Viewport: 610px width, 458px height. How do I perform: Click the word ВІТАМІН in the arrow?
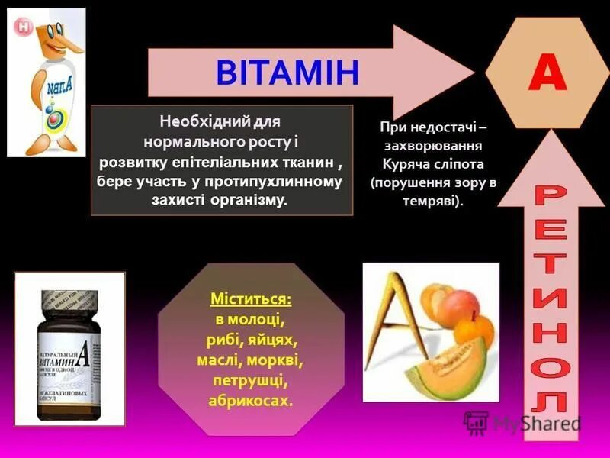tap(287, 73)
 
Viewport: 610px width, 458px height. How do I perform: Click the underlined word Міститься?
tap(251, 298)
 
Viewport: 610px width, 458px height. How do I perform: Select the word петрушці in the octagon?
tap(251, 379)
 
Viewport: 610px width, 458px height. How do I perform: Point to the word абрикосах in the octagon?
tap(250, 400)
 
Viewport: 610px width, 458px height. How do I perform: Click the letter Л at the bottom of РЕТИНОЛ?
tap(550, 402)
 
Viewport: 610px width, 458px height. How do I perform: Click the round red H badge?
tap(24, 27)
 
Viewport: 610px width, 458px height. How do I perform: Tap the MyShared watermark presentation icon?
tap(476, 422)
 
